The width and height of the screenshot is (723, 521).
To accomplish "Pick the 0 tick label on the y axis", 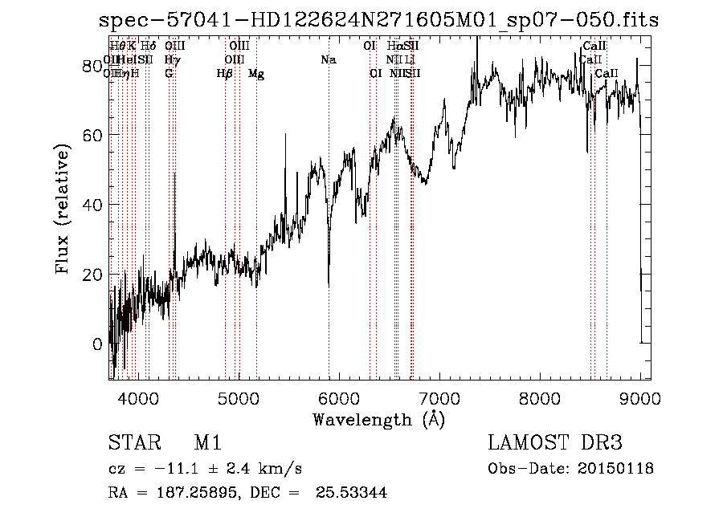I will (97, 344).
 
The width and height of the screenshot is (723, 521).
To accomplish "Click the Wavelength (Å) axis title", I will (378, 419).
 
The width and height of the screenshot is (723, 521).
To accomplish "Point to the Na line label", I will (328, 60).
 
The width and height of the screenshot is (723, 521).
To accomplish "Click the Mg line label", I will (256, 74).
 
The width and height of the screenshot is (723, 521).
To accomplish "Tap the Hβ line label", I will (225, 74).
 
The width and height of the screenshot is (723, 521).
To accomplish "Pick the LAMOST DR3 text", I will (554, 444).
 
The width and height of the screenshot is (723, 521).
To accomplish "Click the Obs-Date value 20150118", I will (619, 469).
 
